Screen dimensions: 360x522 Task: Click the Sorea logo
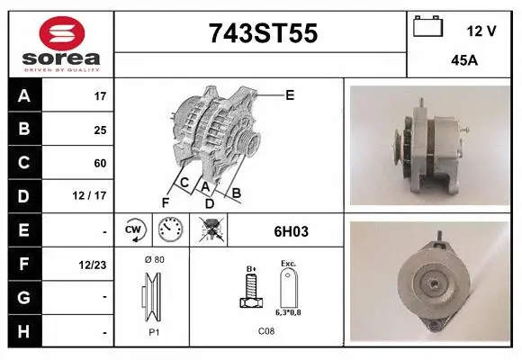(61, 44)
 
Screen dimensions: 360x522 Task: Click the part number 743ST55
(263, 33)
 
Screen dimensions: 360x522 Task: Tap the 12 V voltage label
(481, 31)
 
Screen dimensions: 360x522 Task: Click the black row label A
(24, 95)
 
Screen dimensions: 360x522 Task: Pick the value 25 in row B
(100, 129)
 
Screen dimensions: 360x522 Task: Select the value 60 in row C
(100, 163)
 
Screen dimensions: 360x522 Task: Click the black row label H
(24, 331)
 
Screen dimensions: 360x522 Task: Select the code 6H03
(291, 231)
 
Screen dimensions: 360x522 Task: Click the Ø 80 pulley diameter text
(154, 259)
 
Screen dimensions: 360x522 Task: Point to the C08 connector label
(266, 331)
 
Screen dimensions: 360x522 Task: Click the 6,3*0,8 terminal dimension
(288, 312)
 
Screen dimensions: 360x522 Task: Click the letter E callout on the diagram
(290, 94)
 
